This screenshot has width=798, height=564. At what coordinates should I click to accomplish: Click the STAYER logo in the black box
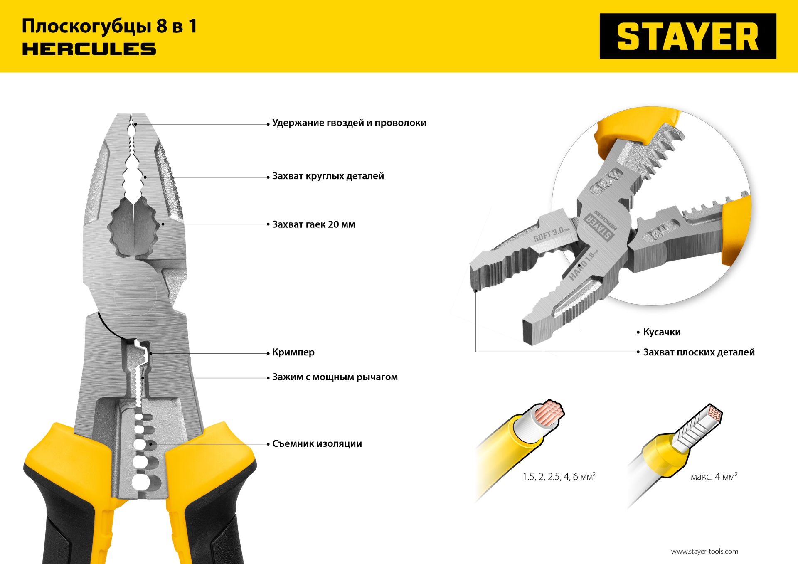(x=688, y=36)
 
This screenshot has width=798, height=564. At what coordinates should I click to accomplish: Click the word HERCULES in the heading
(x=89, y=49)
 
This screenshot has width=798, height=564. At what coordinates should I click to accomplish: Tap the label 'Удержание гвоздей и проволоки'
(x=349, y=123)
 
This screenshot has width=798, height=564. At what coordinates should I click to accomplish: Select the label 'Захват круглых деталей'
(x=328, y=176)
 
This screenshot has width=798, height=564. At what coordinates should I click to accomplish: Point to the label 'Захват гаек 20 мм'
(x=313, y=224)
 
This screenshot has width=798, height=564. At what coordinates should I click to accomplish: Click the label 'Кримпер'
(x=293, y=352)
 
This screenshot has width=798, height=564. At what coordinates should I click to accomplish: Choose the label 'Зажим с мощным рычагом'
(x=335, y=377)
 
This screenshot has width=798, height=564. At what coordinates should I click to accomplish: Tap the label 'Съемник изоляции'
(x=317, y=444)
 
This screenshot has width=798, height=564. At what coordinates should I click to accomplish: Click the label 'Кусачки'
(x=662, y=332)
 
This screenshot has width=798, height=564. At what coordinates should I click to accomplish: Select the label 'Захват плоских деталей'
(x=699, y=352)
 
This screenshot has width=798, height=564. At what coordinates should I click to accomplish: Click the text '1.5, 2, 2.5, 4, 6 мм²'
(x=559, y=477)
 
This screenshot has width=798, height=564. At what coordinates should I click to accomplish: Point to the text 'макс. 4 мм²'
(x=714, y=477)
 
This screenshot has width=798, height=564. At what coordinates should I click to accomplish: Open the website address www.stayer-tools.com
(x=704, y=552)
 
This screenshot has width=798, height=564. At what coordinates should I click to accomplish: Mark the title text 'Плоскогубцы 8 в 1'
(x=109, y=26)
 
